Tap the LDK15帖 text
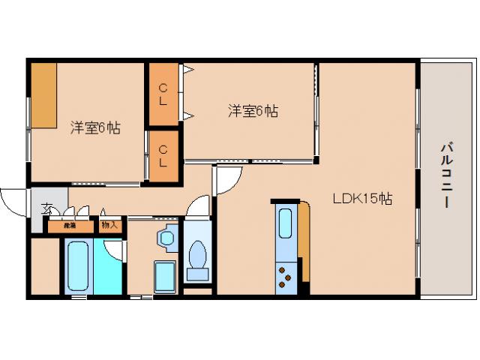(x=363, y=199)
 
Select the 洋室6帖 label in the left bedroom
(x=95, y=127)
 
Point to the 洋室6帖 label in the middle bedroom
(x=253, y=111)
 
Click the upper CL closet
(x=163, y=94)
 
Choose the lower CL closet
(x=163, y=155)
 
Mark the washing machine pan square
(x=165, y=277)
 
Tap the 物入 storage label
(x=109, y=224)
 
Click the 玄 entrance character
(x=46, y=208)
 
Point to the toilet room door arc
(x=198, y=205)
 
